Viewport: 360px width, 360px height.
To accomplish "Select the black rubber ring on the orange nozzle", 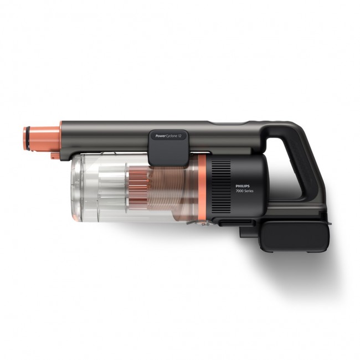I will (25, 135).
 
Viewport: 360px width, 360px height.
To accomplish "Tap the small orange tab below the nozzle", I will (53, 156).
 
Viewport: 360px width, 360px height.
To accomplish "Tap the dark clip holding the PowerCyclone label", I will (166, 148).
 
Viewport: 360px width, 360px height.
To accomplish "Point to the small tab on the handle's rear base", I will (328, 223).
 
